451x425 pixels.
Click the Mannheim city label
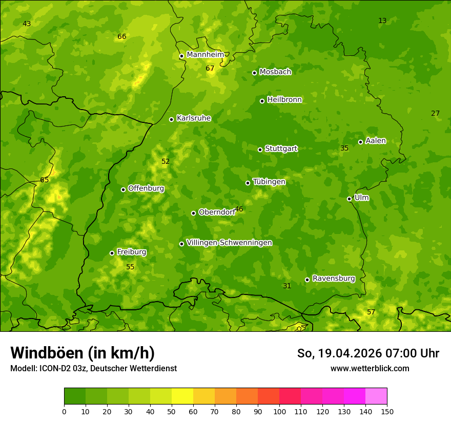click(x=205, y=55)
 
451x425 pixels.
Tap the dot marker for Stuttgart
click(x=260, y=150)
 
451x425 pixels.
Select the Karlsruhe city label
click(x=193, y=118)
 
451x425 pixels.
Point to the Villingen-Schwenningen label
click(x=229, y=243)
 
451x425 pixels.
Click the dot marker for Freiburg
click(x=112, y=253)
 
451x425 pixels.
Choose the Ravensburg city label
click(x=333, y=279)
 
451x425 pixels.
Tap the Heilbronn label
click(x=284, y=100)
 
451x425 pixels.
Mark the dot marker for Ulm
click(x=349, y=199)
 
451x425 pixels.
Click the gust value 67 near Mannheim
click(x=210, y=68)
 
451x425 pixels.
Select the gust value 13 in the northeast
click(x=382, y=20)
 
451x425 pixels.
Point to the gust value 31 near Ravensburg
click(x=287, y=286)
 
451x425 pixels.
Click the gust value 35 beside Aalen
click(x=344, y=148)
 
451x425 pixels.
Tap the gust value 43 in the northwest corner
click(x=27, y=24)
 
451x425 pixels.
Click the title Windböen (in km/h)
click(x=82, y=353)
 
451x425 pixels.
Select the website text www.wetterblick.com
click(x=370, y=368)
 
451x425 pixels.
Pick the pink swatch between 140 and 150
click(x=376, y=396)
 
